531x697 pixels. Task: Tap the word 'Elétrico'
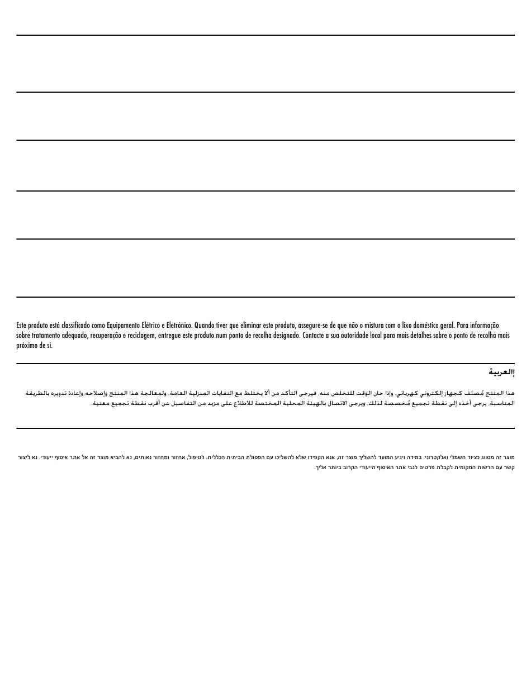pyautogui.click(x=150, y=325)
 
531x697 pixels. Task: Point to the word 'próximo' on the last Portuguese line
pyautogui.click(x=26, y=346)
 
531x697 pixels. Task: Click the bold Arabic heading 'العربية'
pyautogui.click(x=501, y=372)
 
